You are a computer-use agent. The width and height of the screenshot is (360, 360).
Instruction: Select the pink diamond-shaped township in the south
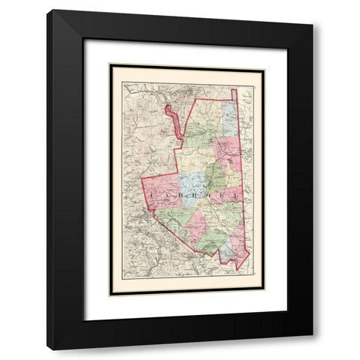(198, 223)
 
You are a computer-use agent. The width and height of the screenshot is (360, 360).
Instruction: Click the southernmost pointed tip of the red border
(238, 269)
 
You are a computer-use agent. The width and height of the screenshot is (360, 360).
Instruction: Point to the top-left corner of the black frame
(47, 10)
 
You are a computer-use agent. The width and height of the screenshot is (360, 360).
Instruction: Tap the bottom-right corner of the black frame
(313, 349)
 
